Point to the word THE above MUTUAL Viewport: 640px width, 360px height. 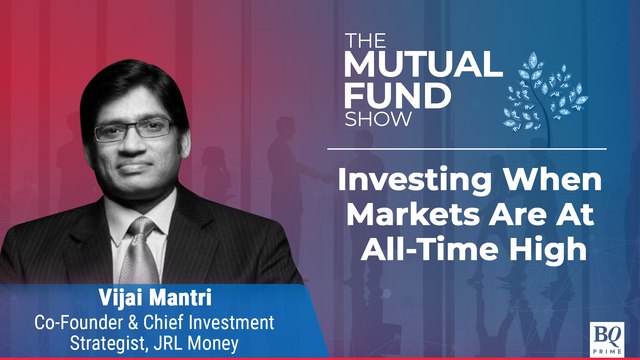(360, 39)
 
